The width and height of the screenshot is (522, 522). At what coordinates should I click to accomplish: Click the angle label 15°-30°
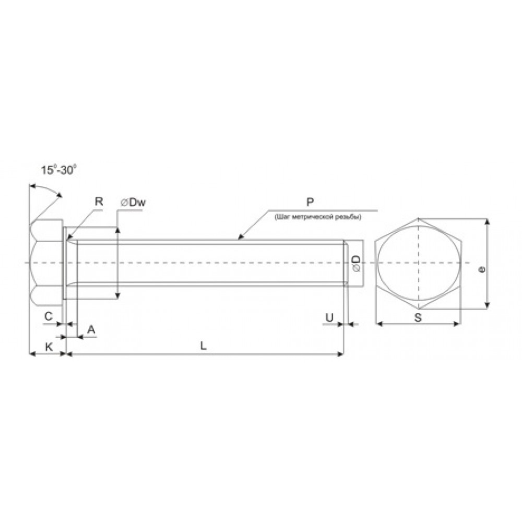[x=59, y=170]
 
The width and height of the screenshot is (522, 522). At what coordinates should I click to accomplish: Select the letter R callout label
[x=99, y=201]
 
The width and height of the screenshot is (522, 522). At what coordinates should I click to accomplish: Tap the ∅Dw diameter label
[x=133, y=203]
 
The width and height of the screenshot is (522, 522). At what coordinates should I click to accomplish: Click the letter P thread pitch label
[x=310, y=202]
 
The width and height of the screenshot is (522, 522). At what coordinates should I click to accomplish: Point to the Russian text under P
[x=318, y=217]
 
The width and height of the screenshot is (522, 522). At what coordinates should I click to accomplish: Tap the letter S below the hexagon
[x=418, y=318]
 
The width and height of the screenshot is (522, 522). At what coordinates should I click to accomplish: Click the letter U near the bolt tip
[x=329, y=318]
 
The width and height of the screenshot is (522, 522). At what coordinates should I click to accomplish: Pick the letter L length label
[x=203, y=346]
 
